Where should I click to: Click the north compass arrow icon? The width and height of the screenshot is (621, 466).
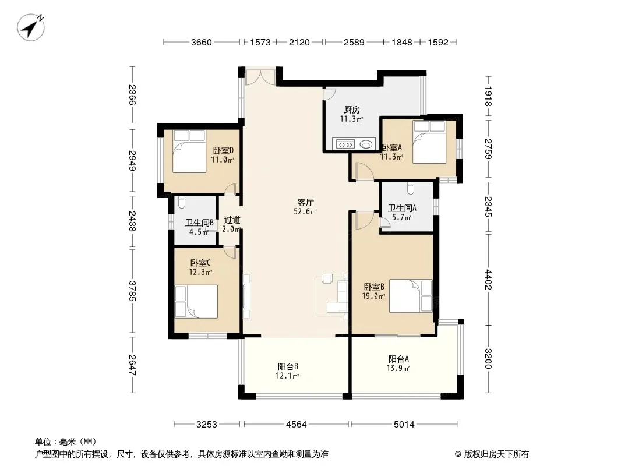point(31,27)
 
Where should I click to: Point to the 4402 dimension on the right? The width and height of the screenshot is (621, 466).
point(488,280)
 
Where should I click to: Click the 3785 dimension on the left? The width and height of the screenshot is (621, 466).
point(132,291)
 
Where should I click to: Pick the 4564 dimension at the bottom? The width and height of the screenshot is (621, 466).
point(297,425)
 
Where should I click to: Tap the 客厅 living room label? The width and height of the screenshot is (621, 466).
point(305,202)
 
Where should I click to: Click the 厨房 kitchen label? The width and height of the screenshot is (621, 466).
point(352,110)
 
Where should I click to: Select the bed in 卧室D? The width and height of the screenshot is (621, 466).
point(189,151)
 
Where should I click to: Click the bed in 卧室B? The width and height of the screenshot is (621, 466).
point(411,296)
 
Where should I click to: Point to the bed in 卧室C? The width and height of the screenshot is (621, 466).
point(196,302)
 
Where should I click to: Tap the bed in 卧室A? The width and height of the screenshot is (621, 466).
point(429,142)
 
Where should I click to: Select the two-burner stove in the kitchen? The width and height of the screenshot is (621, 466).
point(344,144)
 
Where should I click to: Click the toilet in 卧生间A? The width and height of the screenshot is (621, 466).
point(410,188)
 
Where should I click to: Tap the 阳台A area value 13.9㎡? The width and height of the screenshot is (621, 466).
point(398,369)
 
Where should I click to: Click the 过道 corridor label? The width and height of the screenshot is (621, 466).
point(232,220)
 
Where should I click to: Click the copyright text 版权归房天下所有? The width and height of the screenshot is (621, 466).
point(496,454)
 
